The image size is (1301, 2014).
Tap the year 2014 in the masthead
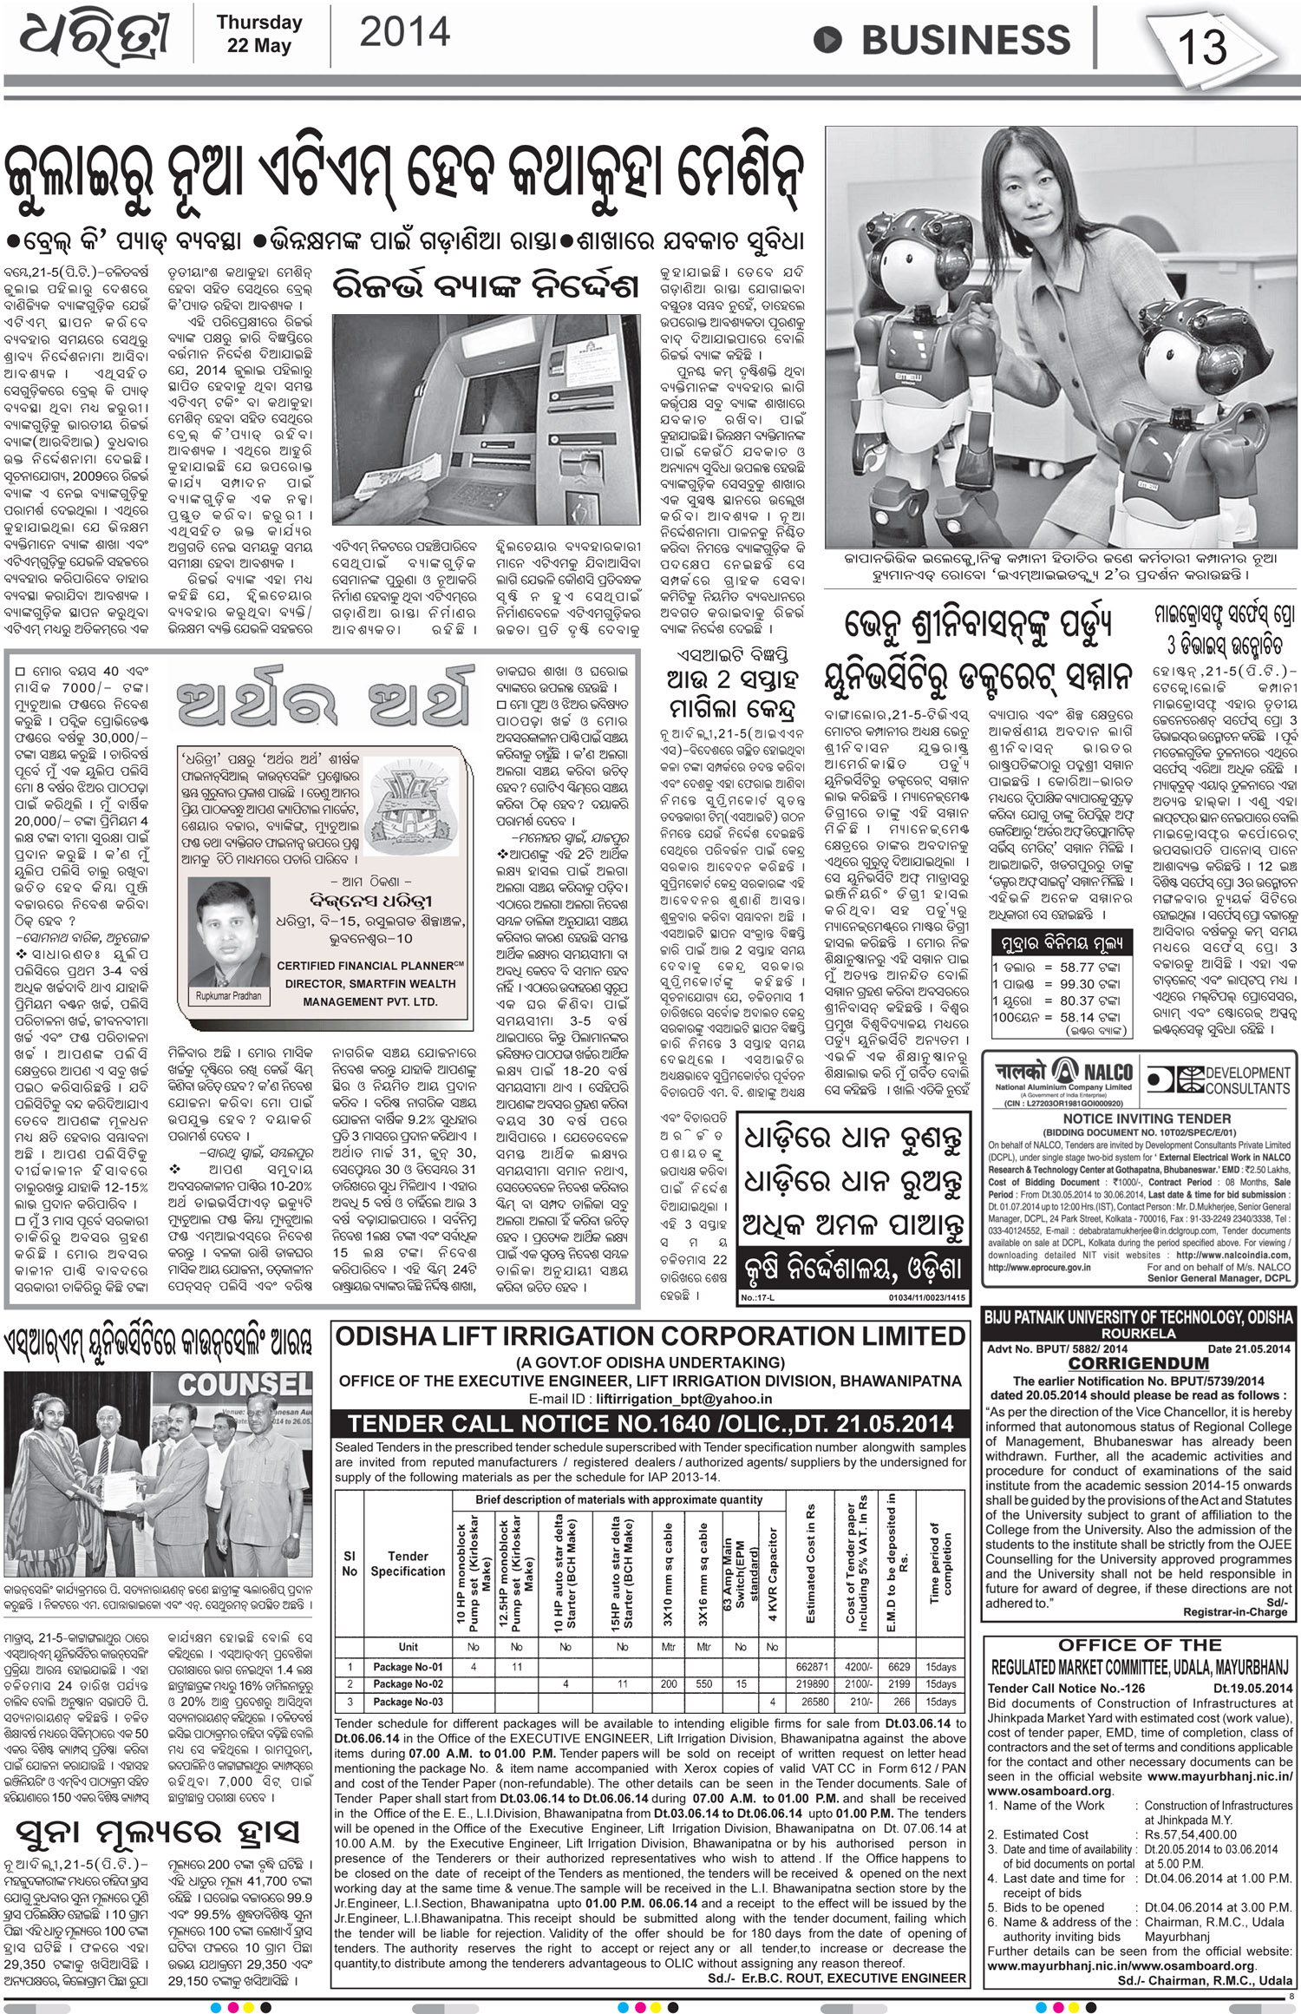pyautogui.click(x=404, y=33)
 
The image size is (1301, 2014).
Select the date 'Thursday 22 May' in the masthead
pyautogui.click(x=258, y=34)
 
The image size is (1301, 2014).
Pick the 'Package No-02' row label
pyautogui.click(x=408, y=1683)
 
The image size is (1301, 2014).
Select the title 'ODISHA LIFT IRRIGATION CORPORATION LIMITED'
pyautogui.click(x=650, y=1336)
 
